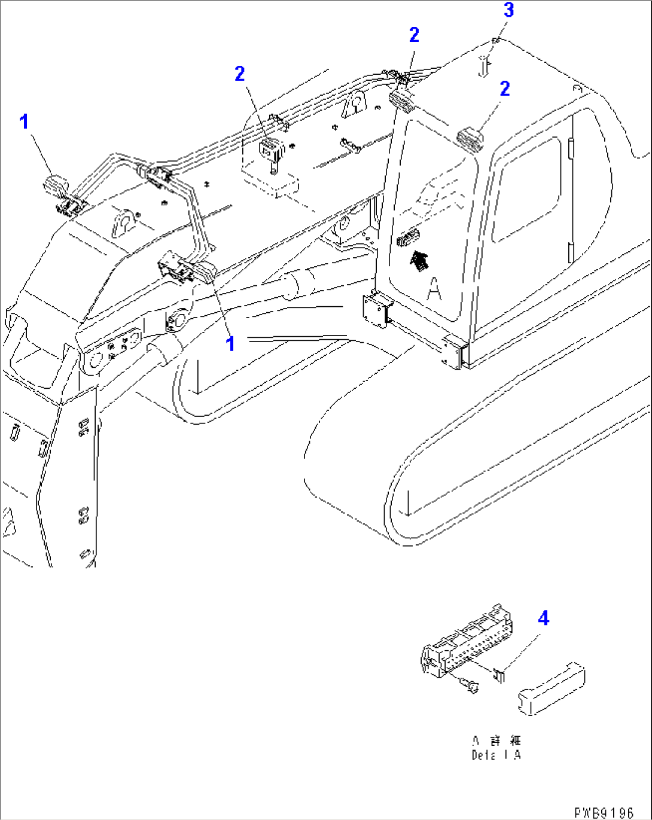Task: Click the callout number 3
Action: (508, 10)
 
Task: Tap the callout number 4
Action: (543, 618)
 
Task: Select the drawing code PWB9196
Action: (603, 813)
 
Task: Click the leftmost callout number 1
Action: (24, 121)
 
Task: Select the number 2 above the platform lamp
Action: (240, 74)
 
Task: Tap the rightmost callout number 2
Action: (505, 89)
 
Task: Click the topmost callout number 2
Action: (414, 35)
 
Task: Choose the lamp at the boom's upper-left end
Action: (56, 185)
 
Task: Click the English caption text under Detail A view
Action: (496, 755)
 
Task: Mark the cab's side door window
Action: (526, 190)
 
